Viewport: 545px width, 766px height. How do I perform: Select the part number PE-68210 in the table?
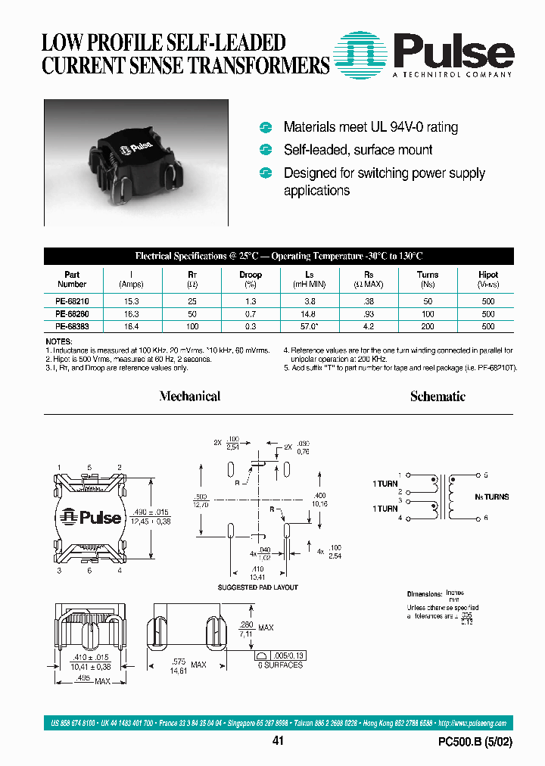pos(71,300)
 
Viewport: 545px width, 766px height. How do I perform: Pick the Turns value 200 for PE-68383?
pos(428,326)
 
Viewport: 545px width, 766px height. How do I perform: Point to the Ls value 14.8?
pos(309,313)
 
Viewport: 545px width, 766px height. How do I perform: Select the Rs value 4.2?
pos(369,326)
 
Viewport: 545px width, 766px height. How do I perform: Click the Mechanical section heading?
pos(190,396)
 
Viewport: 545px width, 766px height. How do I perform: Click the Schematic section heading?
pos(438,396)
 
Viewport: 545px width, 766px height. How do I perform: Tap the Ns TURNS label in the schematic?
pos(493,497)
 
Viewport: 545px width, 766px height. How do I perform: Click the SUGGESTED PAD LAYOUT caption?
pos(258,587)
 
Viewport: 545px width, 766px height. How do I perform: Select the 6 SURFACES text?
pos(279,665)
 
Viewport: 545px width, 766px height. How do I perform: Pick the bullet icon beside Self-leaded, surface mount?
pos(266,150)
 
